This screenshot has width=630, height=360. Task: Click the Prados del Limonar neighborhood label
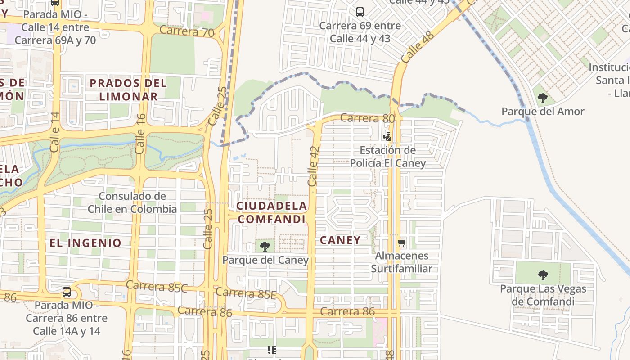point(128,90)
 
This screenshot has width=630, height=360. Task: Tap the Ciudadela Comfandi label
point(272,212)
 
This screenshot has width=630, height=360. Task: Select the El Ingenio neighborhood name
point(85,243)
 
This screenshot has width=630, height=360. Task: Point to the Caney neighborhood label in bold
point(340,240)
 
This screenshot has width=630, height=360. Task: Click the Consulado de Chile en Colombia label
point(132,202)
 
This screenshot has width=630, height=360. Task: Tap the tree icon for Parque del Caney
point(265,246)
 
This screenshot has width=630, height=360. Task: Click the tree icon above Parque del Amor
point(543,98)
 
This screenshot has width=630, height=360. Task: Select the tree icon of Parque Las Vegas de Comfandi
point(543,275)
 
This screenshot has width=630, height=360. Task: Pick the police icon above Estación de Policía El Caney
point(387,136)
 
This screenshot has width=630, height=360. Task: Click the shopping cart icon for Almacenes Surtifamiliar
point(401,243)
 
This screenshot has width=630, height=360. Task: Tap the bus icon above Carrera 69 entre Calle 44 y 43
point(360,12)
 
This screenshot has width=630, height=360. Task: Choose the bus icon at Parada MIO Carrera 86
point(67,292)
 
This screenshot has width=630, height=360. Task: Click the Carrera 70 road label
point(187,31)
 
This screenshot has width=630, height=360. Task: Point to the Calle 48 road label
point(417,47)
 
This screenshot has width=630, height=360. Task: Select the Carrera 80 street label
point(367,118)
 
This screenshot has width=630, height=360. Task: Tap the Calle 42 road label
point(314,166)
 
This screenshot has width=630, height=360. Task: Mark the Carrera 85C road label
point(157,286)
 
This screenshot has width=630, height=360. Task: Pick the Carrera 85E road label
point(246,293)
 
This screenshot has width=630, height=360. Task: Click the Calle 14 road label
point(55,132)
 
